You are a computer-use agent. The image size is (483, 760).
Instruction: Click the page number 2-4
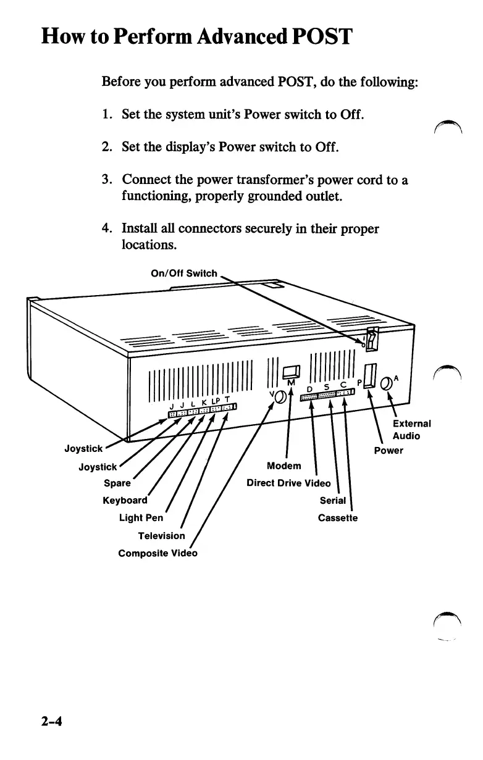point(53,722)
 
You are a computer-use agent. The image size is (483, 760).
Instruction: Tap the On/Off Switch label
point(184,273)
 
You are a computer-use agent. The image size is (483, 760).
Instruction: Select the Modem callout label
point(283,465)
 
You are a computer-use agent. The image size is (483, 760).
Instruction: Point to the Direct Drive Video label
point(288,483)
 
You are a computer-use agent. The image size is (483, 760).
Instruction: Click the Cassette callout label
point(337,517)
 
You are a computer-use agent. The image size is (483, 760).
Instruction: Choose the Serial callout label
point(333,500)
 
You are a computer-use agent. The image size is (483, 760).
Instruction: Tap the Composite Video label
point(157,553)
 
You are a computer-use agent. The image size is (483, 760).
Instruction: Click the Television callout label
point(161,535)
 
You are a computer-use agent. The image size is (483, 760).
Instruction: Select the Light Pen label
point(141,517)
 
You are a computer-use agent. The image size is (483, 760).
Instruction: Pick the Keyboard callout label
point(125,500)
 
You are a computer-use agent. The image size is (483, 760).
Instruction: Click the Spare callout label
point(117,483)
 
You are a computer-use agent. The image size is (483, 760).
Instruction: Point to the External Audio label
point(411,430)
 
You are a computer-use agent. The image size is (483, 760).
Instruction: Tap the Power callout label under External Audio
point(388,450)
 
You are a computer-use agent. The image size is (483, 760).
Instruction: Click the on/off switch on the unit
point(371,338)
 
